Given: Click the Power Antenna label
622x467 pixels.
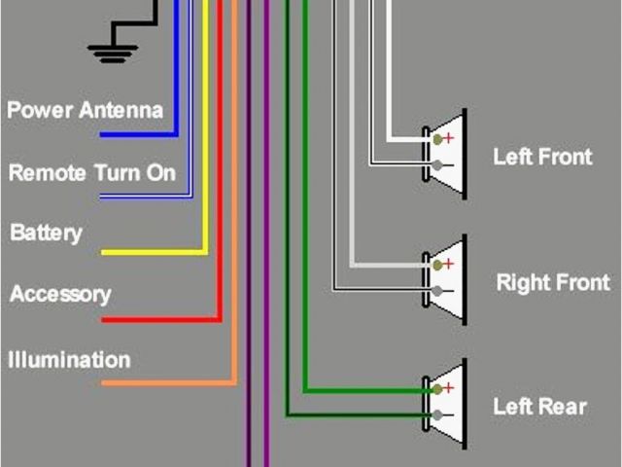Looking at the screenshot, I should [x=85, y=109].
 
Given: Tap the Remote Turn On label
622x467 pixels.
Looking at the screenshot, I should [x=92, y=173].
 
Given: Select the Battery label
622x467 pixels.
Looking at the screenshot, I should [x=46, y=233].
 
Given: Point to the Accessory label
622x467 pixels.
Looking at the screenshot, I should [x=60, y=294].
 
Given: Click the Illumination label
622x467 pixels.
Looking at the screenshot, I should [x=69, y=360].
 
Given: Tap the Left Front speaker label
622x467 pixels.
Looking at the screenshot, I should [x=541, y=156].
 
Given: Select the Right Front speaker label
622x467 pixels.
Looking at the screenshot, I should [x=552, y=283].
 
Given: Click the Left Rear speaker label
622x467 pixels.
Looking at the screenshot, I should [x=539, y=406].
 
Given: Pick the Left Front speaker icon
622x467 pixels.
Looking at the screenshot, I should [x=445, y=154].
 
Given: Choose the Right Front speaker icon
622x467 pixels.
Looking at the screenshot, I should [x=445, y=279].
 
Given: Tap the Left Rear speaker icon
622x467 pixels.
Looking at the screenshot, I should [x=445, y=404].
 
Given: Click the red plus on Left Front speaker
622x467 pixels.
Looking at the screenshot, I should [x=449, y=139].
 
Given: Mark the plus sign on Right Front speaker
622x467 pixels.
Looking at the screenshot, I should [x=449, y=264].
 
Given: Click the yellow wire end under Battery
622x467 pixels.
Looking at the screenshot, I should [x=104, y=253].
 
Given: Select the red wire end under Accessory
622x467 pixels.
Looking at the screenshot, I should [x=104, y=319].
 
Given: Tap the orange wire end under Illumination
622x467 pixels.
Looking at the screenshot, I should [x=104, y=383].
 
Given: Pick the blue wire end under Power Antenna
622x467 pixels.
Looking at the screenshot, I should [x=102, y=134].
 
